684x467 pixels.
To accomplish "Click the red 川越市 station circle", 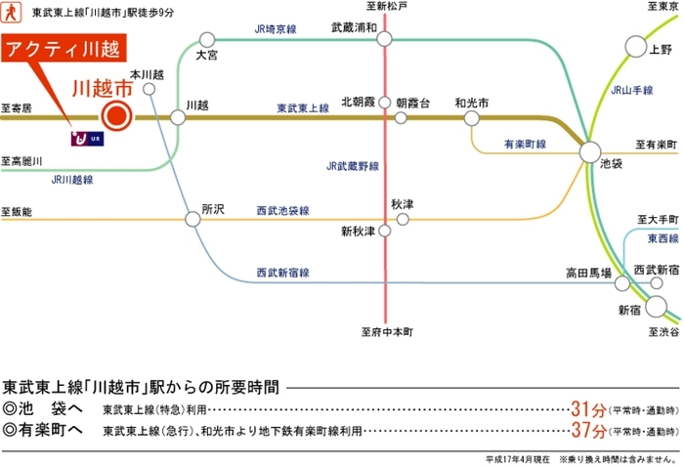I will point(115,117).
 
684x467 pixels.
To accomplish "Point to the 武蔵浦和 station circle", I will point(384,38).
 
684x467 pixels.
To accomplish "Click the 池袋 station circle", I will point(590,151).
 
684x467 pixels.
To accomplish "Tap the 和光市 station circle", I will point(472,118).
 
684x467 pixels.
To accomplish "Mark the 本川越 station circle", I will point(150,89).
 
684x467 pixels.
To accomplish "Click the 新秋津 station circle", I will point(384,232).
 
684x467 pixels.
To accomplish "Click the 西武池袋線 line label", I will point(282,210).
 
